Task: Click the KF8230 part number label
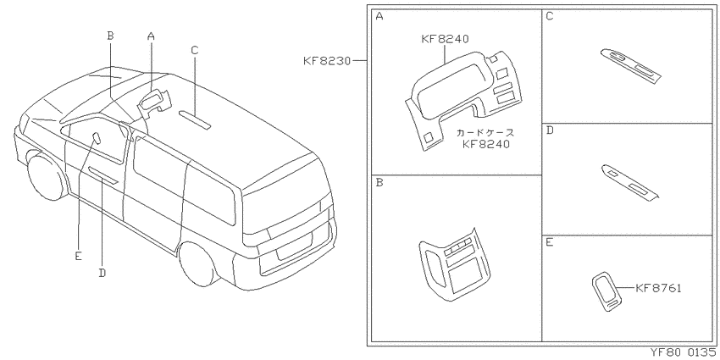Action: click(327, 61)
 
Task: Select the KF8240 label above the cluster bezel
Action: click(445, 39)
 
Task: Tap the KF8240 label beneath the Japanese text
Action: click(486, 145)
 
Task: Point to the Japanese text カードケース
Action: click(485, 133)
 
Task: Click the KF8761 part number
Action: click(658, 288)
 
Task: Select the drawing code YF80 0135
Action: click(684, 352)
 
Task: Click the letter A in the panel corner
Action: click(379, 17)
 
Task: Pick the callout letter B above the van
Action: click(110, 36)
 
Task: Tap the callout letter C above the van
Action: click(194, 50)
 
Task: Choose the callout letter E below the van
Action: click(79, 256)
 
